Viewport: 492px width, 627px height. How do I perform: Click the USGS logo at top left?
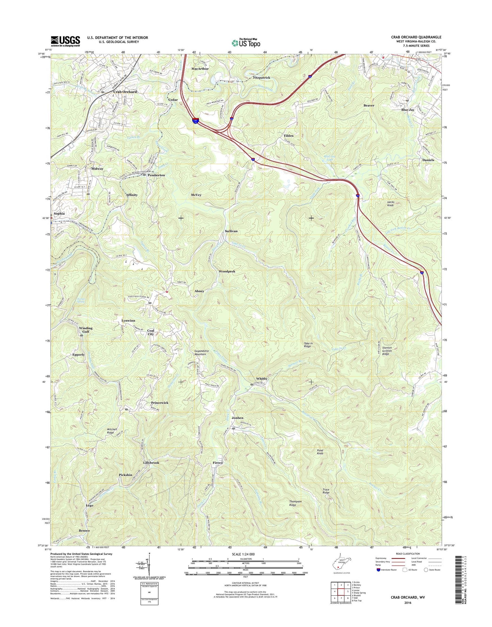[65, 41]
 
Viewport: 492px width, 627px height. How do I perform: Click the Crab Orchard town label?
[125, 92]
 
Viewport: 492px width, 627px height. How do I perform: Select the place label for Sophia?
[59, 213]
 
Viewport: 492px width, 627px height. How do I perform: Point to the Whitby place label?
[261, 379]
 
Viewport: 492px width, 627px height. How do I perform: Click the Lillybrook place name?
[151, 463]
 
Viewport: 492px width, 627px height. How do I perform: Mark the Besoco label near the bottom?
[84, 531]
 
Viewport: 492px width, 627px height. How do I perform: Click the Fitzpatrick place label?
[261, 78]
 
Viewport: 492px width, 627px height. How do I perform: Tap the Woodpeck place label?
[227, 272]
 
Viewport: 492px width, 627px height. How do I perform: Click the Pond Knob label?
[320, 452]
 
